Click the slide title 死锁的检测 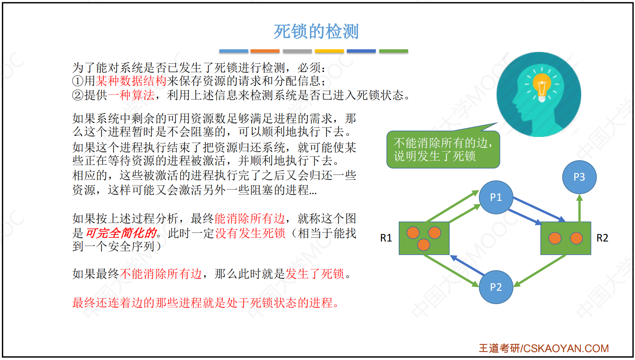point(316,31)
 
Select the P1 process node point(496,197)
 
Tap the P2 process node point(496,287)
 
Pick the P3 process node point(579,177)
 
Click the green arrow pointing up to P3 point(579,208)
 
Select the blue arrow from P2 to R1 point(467,265)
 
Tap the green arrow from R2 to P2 point(540,271)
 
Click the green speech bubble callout point(443,149)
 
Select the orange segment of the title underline point(265,51)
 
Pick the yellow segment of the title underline point(330,51)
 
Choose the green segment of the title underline point(393,51)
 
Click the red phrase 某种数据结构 point(131,81)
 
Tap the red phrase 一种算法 point(131,95)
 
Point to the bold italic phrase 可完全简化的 point(121,233)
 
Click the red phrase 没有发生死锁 point(250,233)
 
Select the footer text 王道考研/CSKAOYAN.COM point(544,348)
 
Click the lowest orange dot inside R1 point(424,245)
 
